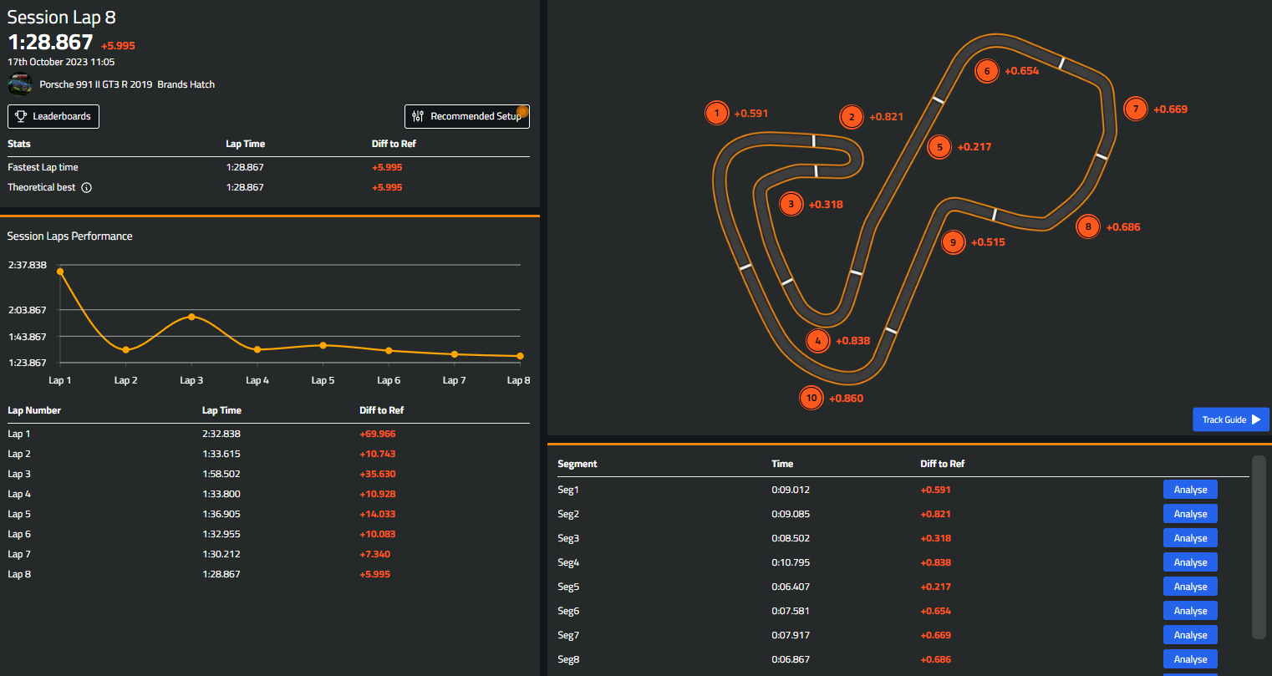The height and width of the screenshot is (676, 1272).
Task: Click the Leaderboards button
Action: (x=53, y=116)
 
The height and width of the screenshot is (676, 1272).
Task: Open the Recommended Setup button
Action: (x=466, y=116)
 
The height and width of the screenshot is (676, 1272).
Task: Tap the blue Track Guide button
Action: (x=1230, y=419)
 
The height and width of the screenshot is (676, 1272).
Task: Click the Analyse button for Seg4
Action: (x=1190, y=562)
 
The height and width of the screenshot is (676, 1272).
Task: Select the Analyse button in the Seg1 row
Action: (x=1190, y=490)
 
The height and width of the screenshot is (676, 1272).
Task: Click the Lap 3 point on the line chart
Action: (x=191, y=317)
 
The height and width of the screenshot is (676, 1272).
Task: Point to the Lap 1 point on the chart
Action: (x=60, y=272)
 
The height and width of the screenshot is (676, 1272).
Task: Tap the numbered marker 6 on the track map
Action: (x=987, y=71)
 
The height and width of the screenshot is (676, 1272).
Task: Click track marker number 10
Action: (x=812, y=398)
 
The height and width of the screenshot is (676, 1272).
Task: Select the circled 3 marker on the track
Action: (x=791, y=204)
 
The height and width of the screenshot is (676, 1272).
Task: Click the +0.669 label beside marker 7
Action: (x=1170, y=109)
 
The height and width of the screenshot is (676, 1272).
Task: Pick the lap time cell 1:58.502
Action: (x=221, y=474)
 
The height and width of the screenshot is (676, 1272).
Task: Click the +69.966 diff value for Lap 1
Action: (x=378, y=434)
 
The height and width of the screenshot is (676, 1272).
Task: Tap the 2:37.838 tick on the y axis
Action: (x=28, y=265)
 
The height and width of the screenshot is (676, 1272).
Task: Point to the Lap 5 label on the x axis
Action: (x=323, y=380)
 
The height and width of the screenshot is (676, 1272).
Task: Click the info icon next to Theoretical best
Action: (x=87, y=187)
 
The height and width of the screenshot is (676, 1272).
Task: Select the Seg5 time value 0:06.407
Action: (x=791, y=587)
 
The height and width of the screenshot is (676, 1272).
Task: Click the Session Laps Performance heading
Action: (x=70, y=236)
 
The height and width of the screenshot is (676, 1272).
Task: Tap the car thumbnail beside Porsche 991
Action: (x=20, y=84)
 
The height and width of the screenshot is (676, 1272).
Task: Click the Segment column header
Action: (x=577, y=464)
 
